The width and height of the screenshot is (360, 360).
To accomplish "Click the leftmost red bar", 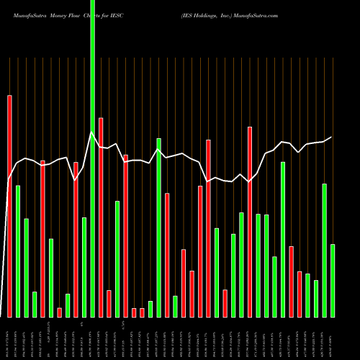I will [9, 206].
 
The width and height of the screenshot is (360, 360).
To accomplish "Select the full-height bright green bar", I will [92, 158].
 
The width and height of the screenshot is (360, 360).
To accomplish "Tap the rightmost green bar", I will [333, 281].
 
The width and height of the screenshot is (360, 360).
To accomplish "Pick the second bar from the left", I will [18, 251].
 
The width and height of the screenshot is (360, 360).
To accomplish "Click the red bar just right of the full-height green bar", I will [101, 217].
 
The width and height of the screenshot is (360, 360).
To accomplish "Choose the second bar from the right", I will [324, 251].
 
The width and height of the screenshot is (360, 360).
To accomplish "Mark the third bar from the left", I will [26, 268].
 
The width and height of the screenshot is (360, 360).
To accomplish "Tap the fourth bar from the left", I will [35, 305].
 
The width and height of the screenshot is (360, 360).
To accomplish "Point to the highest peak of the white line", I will [91, 132].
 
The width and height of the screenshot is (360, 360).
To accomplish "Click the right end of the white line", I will [332, 137].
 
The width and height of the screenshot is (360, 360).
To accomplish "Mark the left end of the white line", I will [9, 179].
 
